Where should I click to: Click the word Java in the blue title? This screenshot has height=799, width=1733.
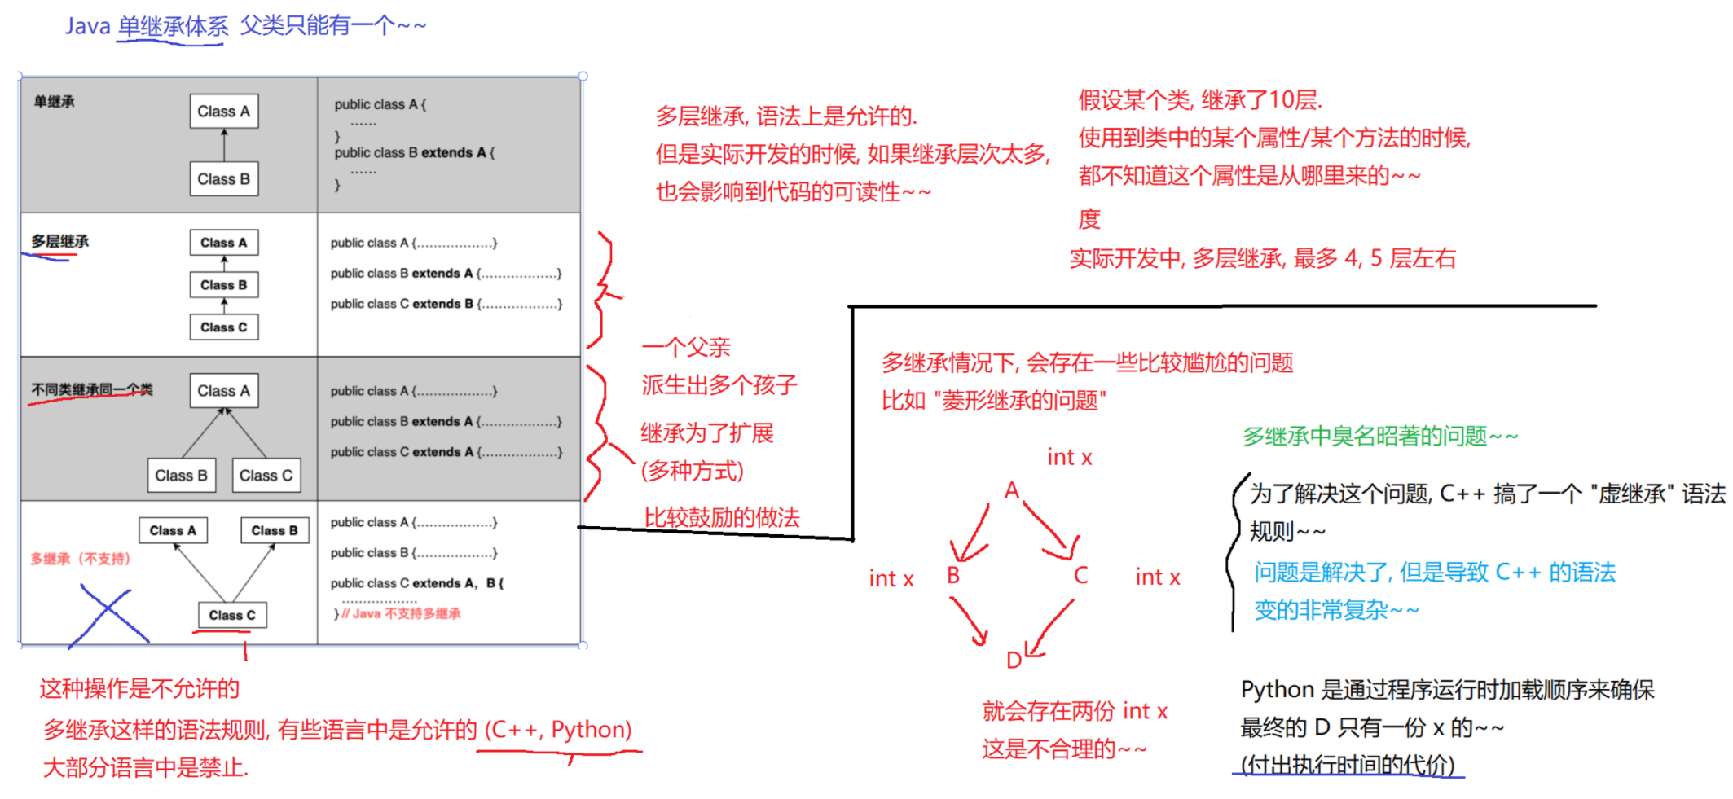[87, 26]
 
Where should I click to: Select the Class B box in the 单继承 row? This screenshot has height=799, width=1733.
[224, 179]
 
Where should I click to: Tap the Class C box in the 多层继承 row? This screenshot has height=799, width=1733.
[224, 327]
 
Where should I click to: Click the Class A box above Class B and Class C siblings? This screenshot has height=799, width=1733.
[224, 391]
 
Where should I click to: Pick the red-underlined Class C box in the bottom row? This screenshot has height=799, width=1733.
[232, 615]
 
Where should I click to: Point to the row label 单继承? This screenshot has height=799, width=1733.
[54, 102]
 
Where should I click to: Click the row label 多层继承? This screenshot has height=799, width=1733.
[59, 241]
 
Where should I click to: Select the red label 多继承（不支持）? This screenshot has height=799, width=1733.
[80, 559]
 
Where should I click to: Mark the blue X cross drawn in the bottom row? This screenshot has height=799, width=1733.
[108, 617]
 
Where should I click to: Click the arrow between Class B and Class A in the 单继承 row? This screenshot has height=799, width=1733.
[224, 145]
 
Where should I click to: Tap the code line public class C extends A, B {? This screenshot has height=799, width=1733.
[416, 583]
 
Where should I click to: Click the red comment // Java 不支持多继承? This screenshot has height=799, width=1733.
[401, 613]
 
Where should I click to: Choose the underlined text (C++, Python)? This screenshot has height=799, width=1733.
[558, 729]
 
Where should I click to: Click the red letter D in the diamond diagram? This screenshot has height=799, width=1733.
[1014, 660]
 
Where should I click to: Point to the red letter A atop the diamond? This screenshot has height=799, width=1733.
[1011, 490]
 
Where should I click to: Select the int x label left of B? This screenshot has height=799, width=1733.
[891, 578]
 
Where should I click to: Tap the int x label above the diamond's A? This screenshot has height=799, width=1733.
[1069, 458]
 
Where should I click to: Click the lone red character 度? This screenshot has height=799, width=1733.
[1089, 219]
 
